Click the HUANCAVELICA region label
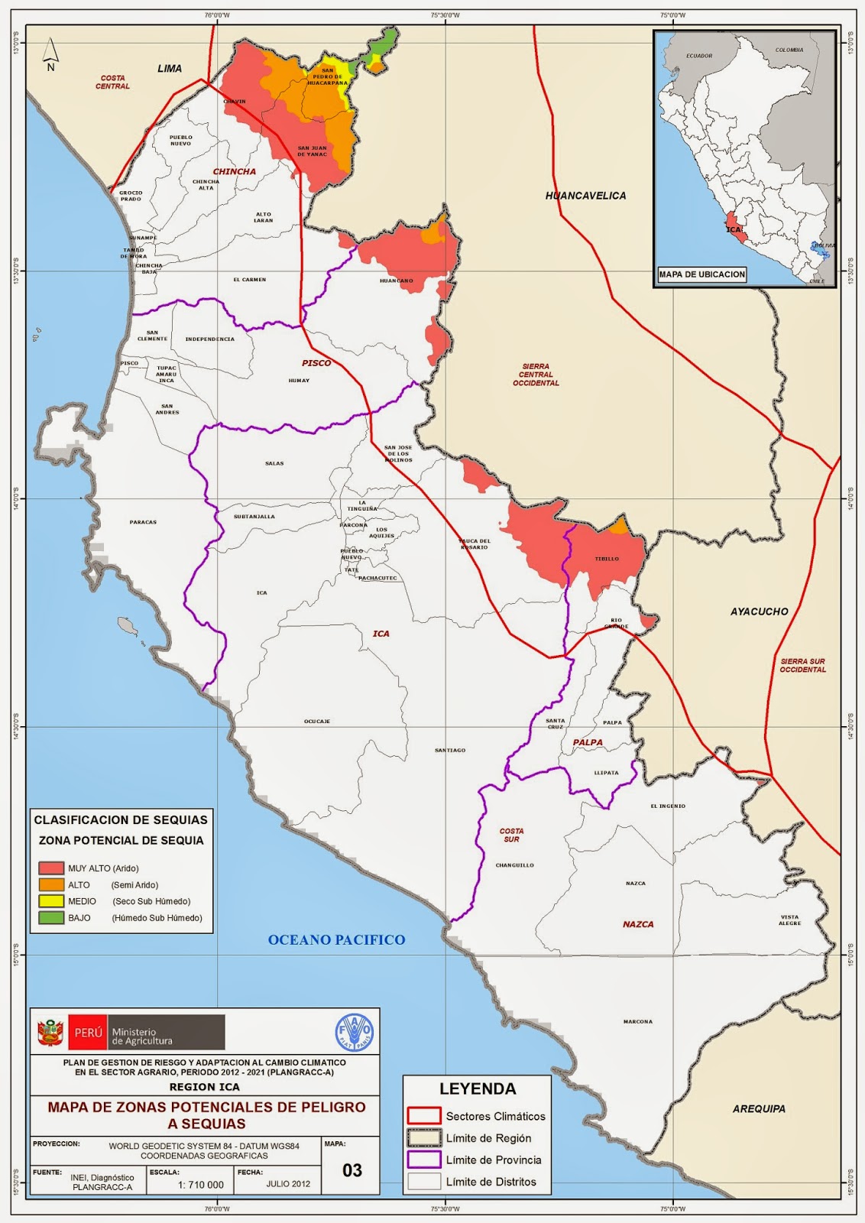[585, 196]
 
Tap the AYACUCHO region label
[758, 611]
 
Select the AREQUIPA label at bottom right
[758, 1108]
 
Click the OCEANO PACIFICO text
[336, 939]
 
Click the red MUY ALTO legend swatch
[51, 868]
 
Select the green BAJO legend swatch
[51, 917]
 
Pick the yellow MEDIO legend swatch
[51, 901]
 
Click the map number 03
[352, 1170]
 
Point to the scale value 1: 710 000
[201, 1185]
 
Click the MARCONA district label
[637, 1021]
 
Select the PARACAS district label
[143, 522]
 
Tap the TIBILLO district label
[607, 559]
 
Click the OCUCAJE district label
[316, 722]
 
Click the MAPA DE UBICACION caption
[701, 274]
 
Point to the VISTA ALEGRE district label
[789, 920]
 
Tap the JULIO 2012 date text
[288, 1185]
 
